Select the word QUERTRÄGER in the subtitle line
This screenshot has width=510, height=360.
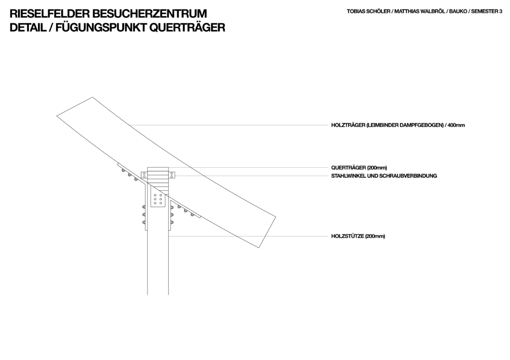[187, 27]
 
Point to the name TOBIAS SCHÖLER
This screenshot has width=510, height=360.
[368, 11]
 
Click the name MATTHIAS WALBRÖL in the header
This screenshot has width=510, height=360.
[419, 11]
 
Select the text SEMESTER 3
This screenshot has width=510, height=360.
[487, 11]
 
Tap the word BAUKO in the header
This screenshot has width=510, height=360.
[458, 11]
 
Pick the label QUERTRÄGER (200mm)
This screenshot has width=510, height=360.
[359, 168]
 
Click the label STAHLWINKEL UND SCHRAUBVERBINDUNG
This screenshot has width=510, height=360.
[384, 176]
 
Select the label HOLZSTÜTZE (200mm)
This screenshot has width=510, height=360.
[358, 236]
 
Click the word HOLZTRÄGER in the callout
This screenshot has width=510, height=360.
[348, 125]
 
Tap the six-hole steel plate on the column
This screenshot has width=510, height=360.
[158, 199]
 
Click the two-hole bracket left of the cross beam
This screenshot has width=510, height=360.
[144, 175]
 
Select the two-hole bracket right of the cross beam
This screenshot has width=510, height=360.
[172, 175]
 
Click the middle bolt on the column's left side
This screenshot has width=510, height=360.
[143, 215]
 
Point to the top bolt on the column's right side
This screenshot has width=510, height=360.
[171, 207]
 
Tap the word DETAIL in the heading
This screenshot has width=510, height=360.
[28, 28]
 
